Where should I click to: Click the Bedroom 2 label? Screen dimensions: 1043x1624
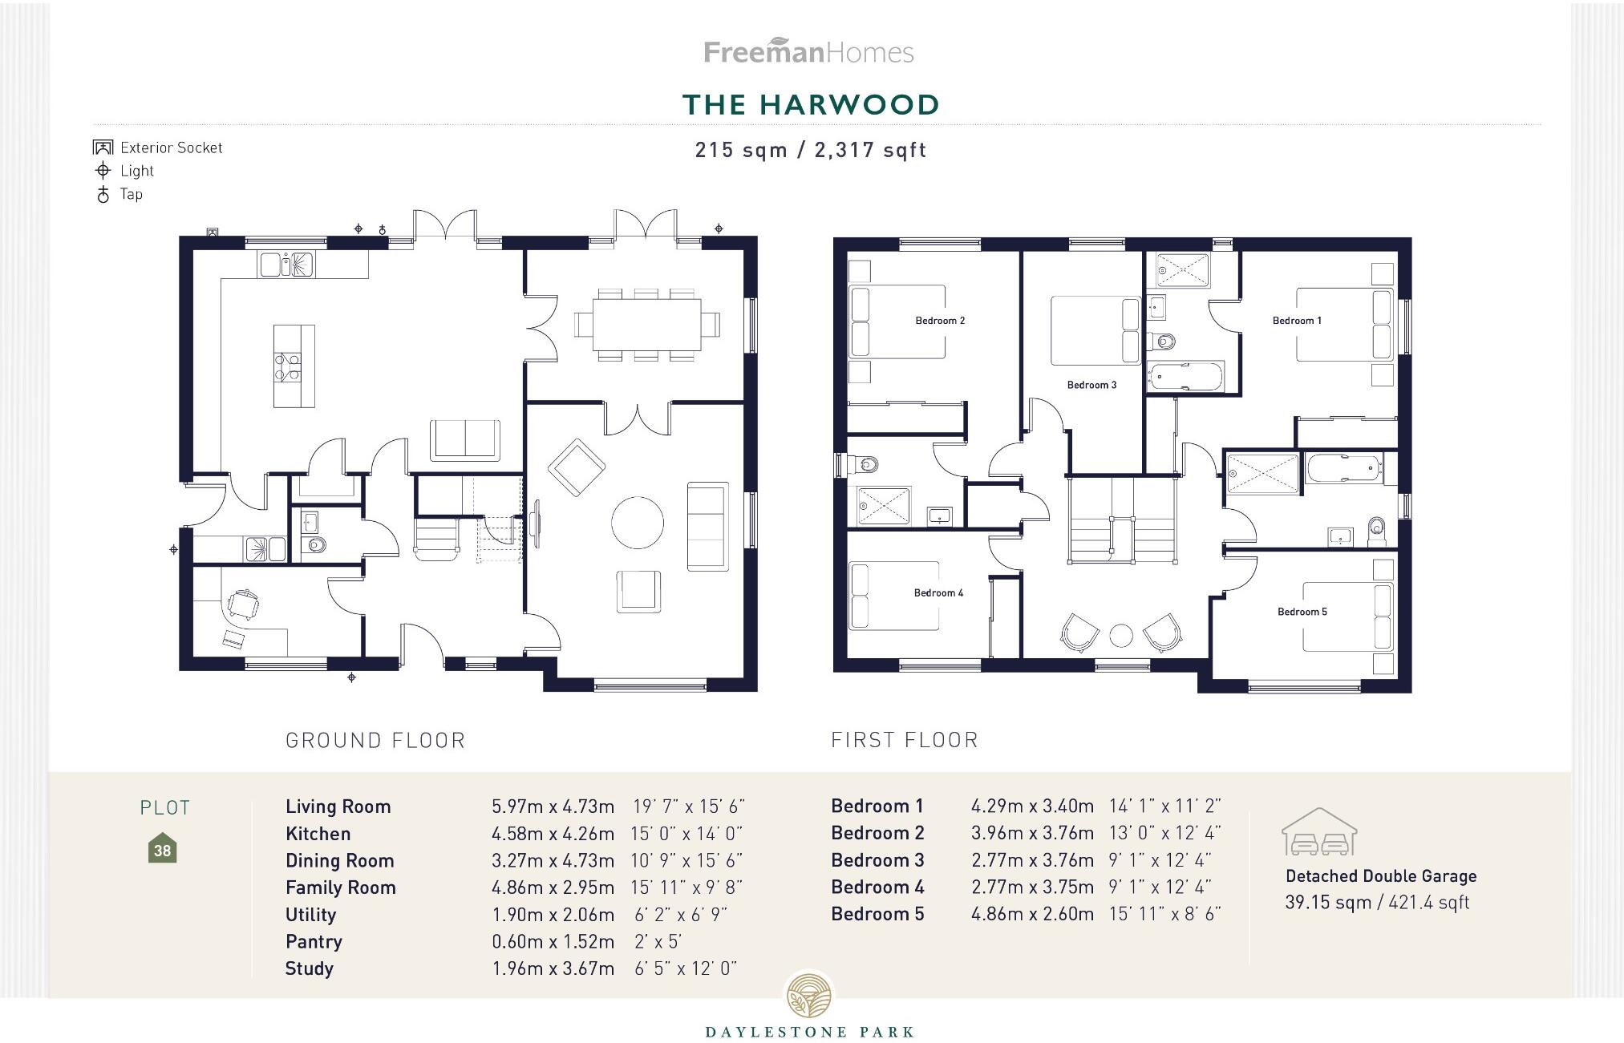pyautogui.click(x=940, y=321)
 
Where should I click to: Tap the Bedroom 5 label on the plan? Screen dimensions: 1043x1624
pyautogui.click(x=1302, y=612)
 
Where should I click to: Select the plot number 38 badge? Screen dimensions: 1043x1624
pyautogui.click(x=162, y=850)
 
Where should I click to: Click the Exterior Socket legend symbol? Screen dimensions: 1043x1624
pyautogui.click(x=103, y=148)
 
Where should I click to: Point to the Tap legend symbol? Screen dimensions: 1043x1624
pyautogui.click(x=103, y=194)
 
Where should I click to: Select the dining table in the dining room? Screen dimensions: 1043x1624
pyautogui.click(x=646, y=325)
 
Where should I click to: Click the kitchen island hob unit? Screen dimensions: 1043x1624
pyautogui.click(x=293, y=366)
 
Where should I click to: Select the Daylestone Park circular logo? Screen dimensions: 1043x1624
pyautogui.click(x=809, y=997)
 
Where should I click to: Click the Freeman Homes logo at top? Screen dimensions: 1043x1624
pyautogui.click(x=808, y=52)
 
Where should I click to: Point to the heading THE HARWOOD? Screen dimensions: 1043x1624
pyautogui.click(x=810, y=105)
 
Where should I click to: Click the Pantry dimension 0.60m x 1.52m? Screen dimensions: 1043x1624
pyautogui.click(x=553, y=941)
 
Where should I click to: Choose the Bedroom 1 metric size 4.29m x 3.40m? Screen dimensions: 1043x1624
pyautogui.click(x=1032, y=806)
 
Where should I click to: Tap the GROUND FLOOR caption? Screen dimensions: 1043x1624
pyautogui.click(x=375, y=740)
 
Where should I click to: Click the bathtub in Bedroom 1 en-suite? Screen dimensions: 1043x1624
pyautogui.click(x=1185, y=377)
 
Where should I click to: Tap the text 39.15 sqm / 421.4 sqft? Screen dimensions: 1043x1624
pyautogui.click(x=1376, y=903)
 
